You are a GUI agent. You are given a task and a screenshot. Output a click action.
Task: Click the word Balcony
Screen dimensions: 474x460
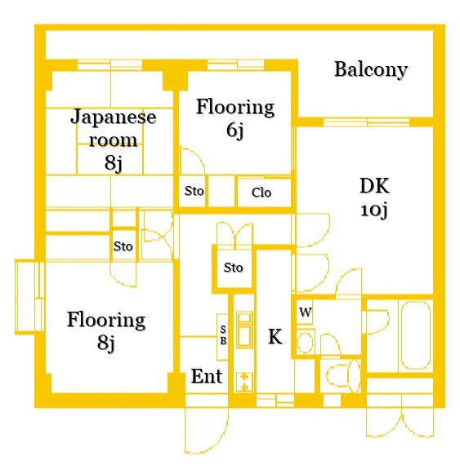click(370, 69)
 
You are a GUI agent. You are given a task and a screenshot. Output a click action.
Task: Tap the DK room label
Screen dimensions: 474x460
click(373, 185)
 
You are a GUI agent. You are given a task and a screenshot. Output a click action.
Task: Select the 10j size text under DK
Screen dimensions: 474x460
click(373, 210)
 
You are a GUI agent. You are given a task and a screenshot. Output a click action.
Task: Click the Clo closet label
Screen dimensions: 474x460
click(261, 193)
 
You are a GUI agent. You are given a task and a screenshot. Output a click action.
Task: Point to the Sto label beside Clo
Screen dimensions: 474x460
click(194, 192)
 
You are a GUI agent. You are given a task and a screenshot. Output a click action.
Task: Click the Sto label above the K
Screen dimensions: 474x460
click(234, 267)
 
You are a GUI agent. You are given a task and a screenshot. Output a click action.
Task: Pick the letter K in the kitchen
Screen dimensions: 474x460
click(275, 337)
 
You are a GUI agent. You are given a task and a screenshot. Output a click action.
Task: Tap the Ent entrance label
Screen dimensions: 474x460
click(207, 377)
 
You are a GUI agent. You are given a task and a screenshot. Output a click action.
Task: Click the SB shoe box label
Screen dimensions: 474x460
click(222, 335)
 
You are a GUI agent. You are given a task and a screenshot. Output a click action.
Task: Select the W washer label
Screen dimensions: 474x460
click(304, 312)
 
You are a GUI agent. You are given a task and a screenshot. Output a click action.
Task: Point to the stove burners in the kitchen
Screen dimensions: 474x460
click(243, 379)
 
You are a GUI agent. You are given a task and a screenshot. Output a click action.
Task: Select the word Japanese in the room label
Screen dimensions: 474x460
click(114, 116)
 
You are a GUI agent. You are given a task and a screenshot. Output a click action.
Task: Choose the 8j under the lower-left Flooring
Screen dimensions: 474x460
click(105, 343)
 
